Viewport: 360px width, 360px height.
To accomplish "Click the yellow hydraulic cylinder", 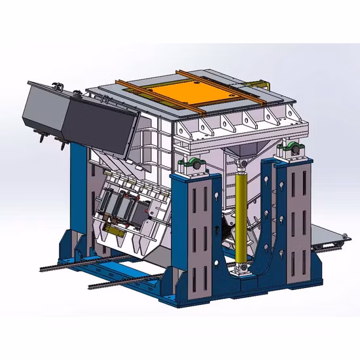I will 240,216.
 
